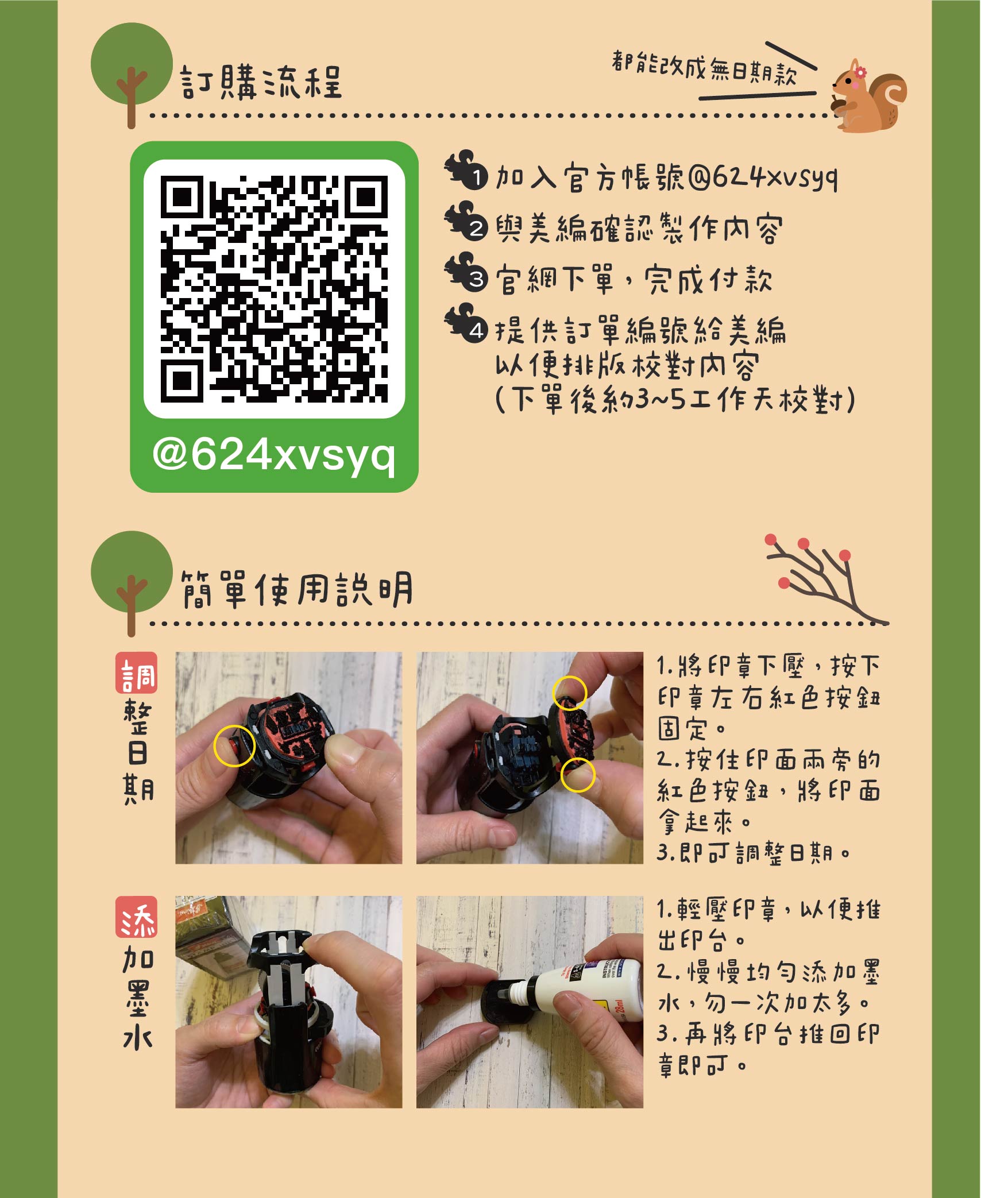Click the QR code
click(274, 289)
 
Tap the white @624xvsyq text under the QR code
click(274, 456)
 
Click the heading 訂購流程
click(261, 82)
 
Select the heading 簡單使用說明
click(297, 589)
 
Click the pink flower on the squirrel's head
click(860, 72)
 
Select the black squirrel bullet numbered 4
click(466, 323)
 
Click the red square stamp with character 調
click(137, 673)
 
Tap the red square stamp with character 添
click(137, 917)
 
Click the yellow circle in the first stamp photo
click(234, 745)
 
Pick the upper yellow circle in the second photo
click(570, 693)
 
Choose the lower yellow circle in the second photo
click(578, 775)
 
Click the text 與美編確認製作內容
click(639, 229)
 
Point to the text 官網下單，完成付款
click(634, 280)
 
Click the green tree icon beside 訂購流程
click(132, 75)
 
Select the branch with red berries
click(827, 580)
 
